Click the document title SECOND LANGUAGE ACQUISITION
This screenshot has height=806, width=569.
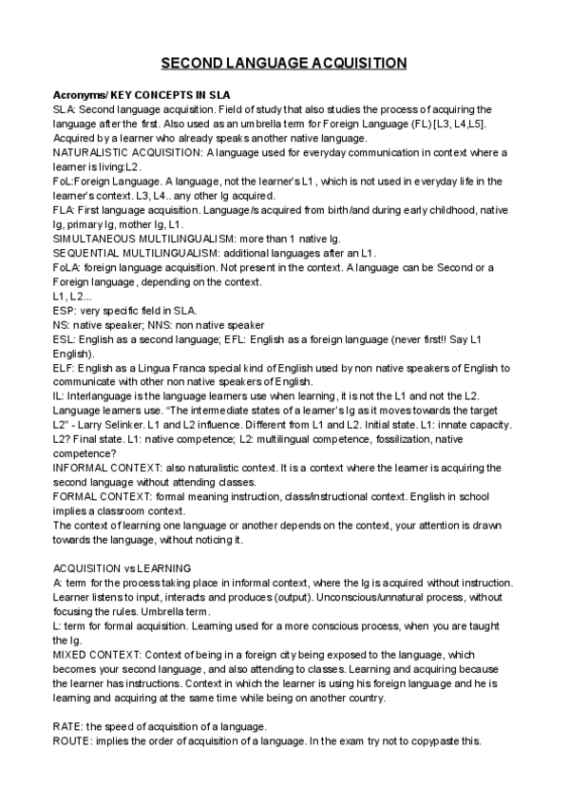[284, 63]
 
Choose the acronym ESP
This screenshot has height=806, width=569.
[63, 310]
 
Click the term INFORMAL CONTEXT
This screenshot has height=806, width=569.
[106, 468]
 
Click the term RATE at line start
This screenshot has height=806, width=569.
[66, 726]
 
